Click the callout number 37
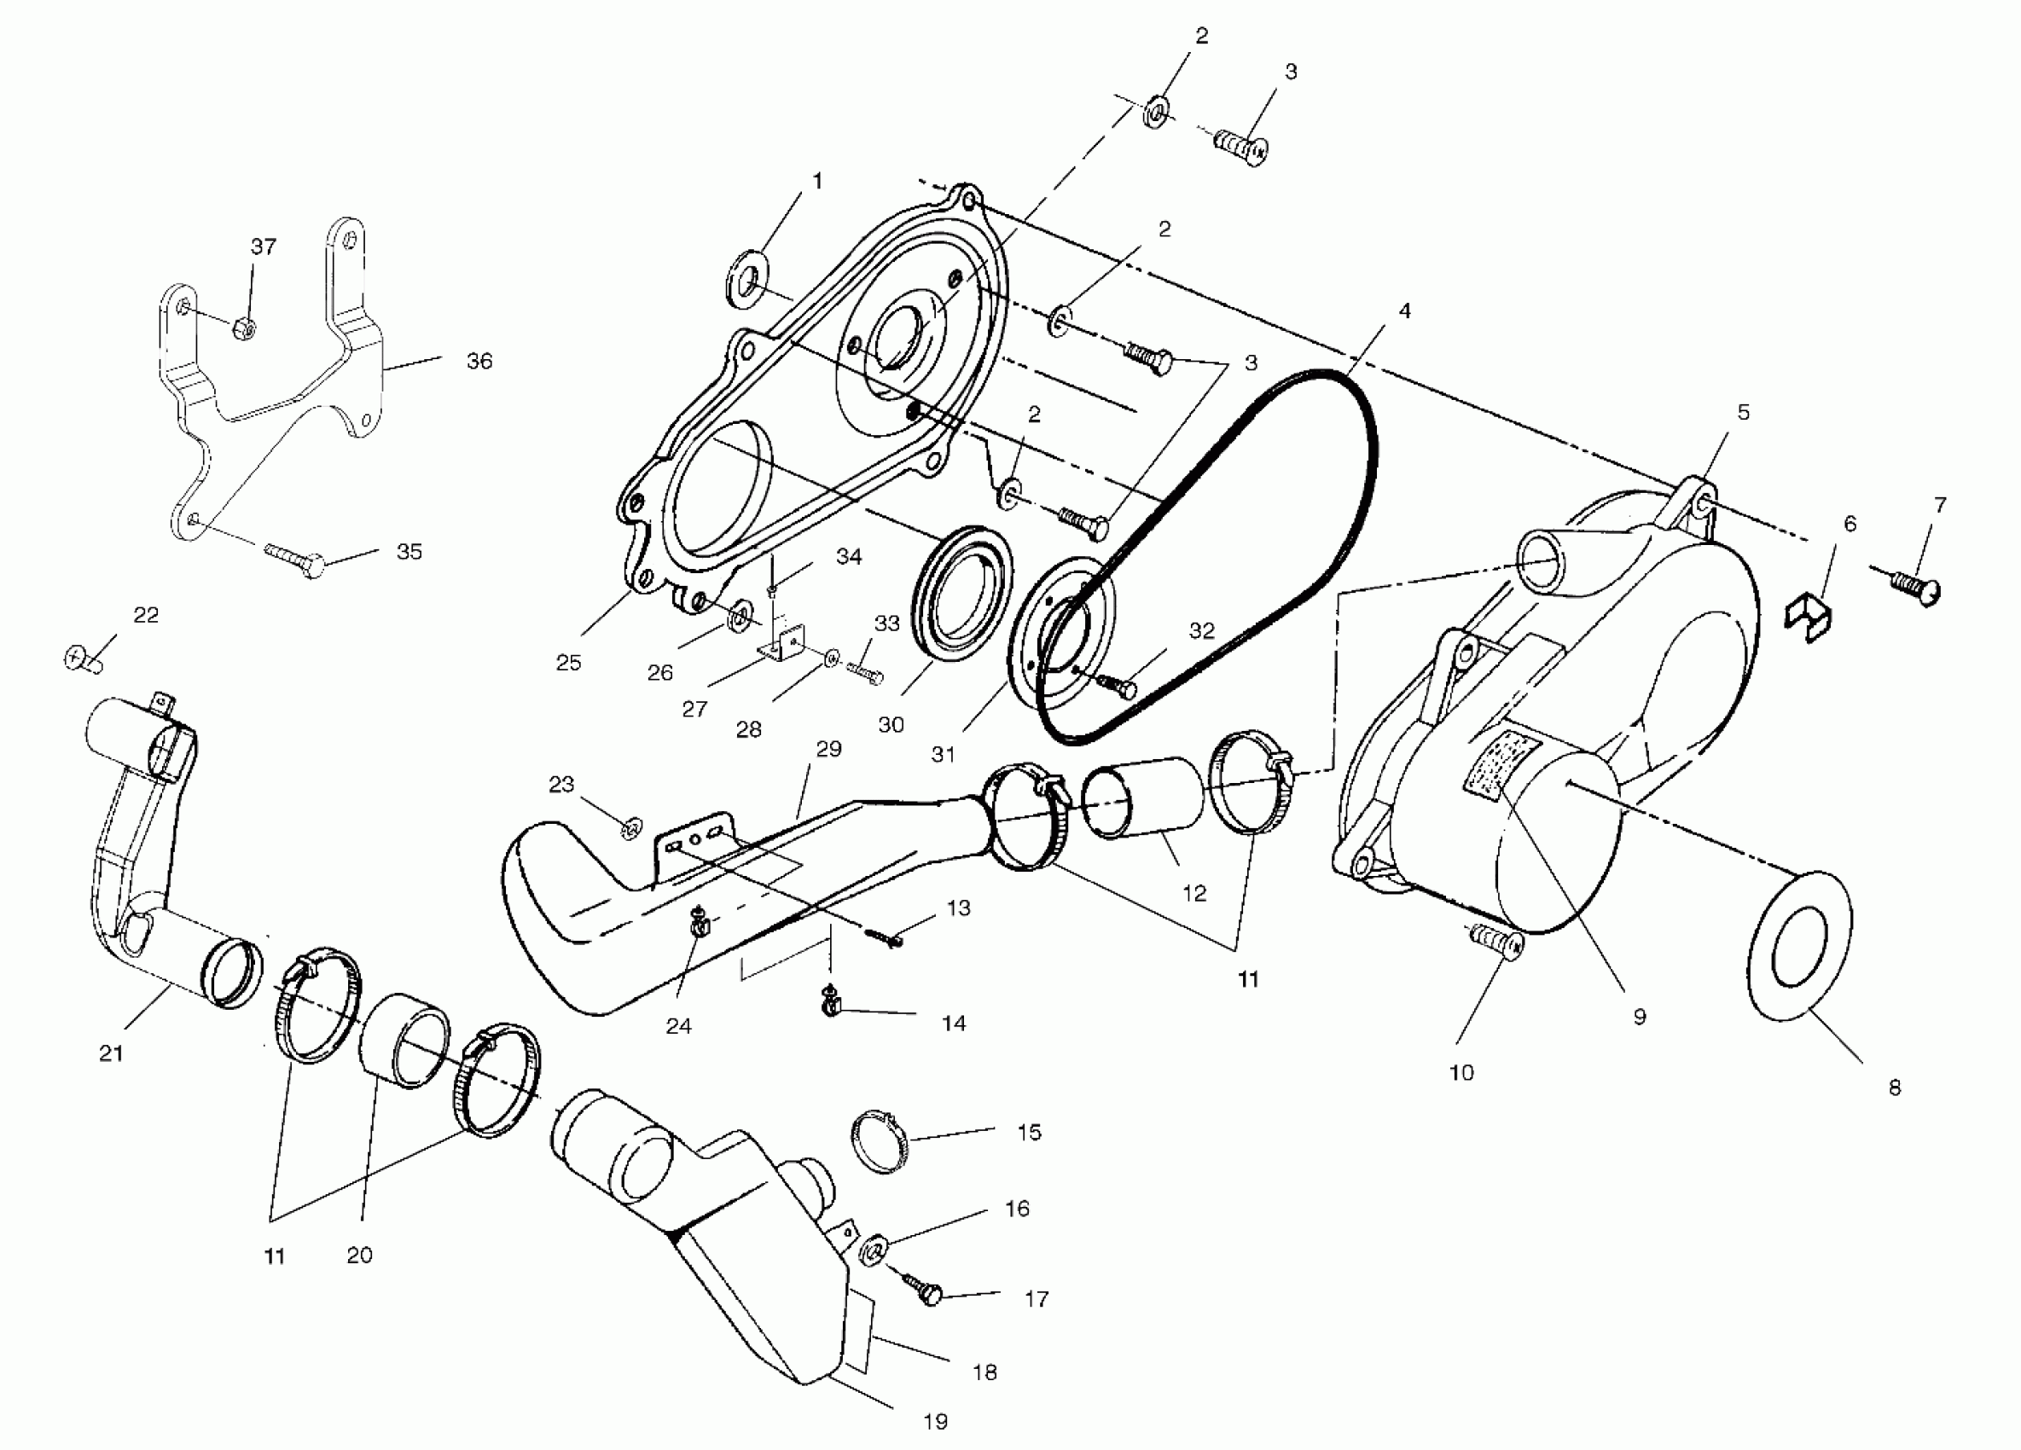click(263, 246)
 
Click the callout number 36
click(479, 361)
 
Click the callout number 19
click(935, 1423)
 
